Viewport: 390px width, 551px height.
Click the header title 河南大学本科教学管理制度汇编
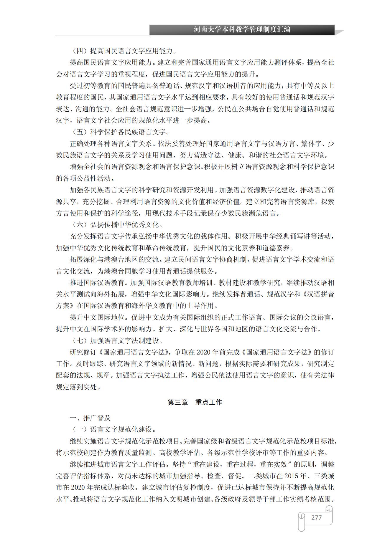(242, 30)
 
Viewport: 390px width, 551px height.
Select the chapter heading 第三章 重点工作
(195, 402)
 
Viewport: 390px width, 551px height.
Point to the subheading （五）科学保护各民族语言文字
(121, 132)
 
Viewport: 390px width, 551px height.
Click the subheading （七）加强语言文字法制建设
(118, 341)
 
